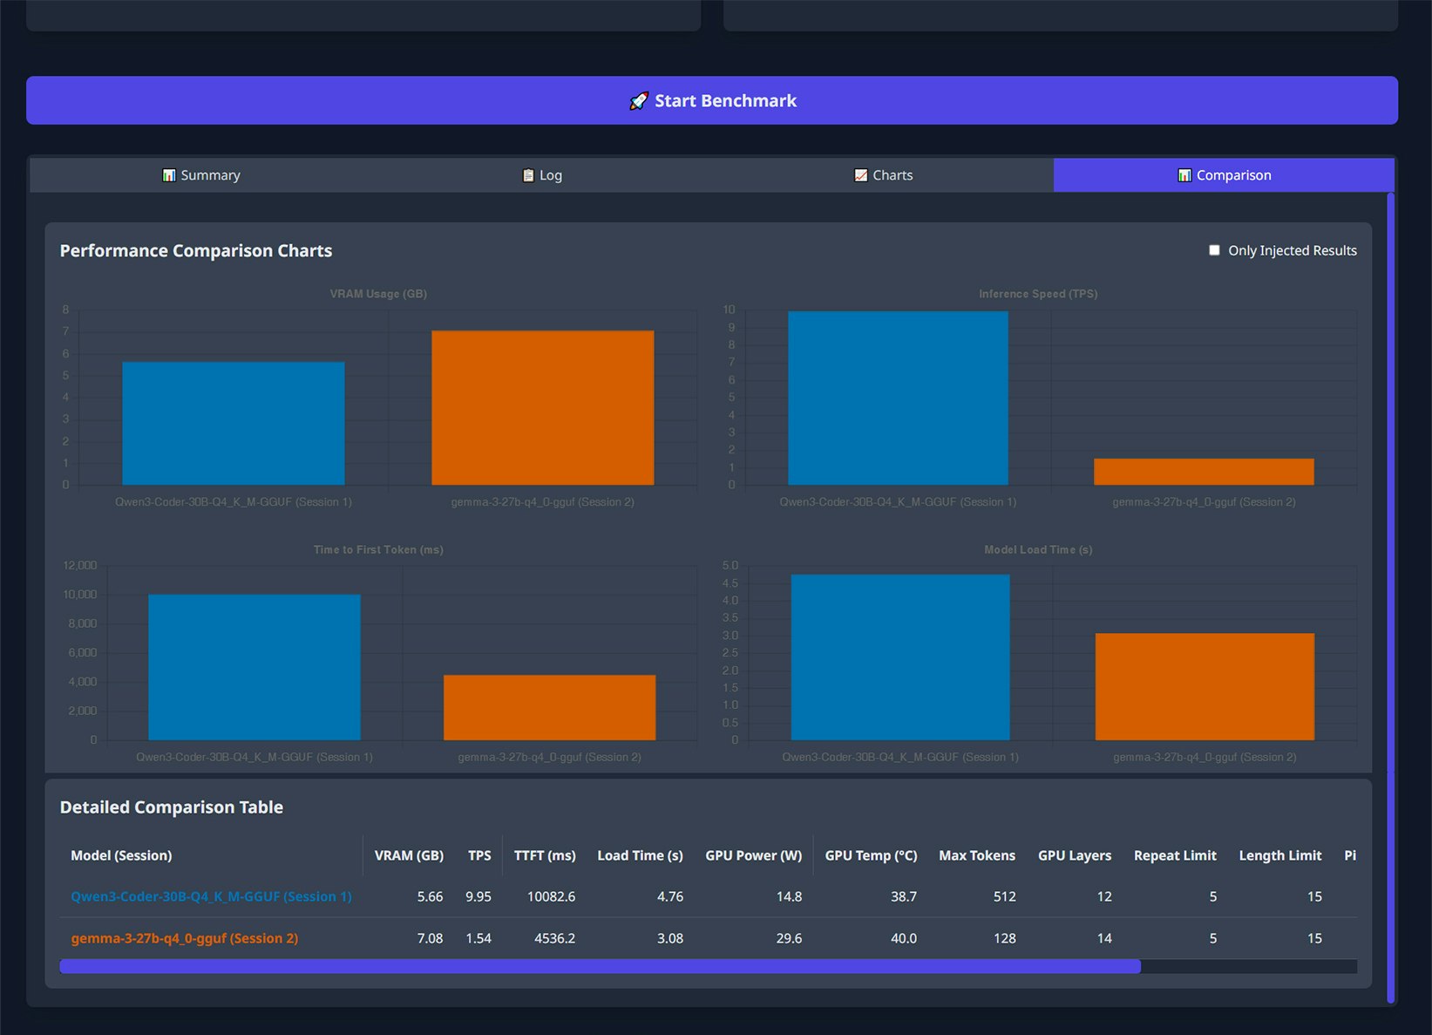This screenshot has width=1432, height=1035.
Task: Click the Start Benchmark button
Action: coord(712,100)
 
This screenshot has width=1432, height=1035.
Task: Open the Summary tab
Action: coord(201,175)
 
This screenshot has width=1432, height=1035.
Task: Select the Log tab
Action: coord(542,175)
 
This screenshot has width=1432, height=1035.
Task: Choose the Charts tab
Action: coord(884,175)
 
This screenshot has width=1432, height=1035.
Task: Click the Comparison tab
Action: coord(1224,175)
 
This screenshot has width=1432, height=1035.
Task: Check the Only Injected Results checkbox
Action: coord(1214,250)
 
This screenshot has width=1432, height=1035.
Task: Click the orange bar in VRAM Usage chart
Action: coord(542,407)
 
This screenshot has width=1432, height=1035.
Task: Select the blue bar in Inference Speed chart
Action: coord(898,398)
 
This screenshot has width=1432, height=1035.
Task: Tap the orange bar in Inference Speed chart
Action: coord(1204,472)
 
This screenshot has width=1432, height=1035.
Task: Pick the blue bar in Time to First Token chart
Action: coord(254,667)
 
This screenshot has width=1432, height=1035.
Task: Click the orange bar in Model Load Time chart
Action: coord(1205,686)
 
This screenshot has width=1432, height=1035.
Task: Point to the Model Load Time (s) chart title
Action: coord(1038,549)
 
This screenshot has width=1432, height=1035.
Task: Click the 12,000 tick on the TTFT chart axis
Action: coord(80,566)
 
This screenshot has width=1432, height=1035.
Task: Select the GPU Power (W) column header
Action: coord(753,855)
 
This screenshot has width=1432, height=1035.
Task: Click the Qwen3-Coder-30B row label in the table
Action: coord(211,896)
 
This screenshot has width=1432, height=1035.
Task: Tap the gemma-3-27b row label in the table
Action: coord(184,938)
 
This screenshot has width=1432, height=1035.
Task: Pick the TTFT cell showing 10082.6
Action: coord(551,896)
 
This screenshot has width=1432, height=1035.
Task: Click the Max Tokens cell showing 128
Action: coord(1004,938)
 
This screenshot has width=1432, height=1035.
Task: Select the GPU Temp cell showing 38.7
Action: coord(903,896)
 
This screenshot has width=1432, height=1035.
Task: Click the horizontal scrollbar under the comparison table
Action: coord(600,966)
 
